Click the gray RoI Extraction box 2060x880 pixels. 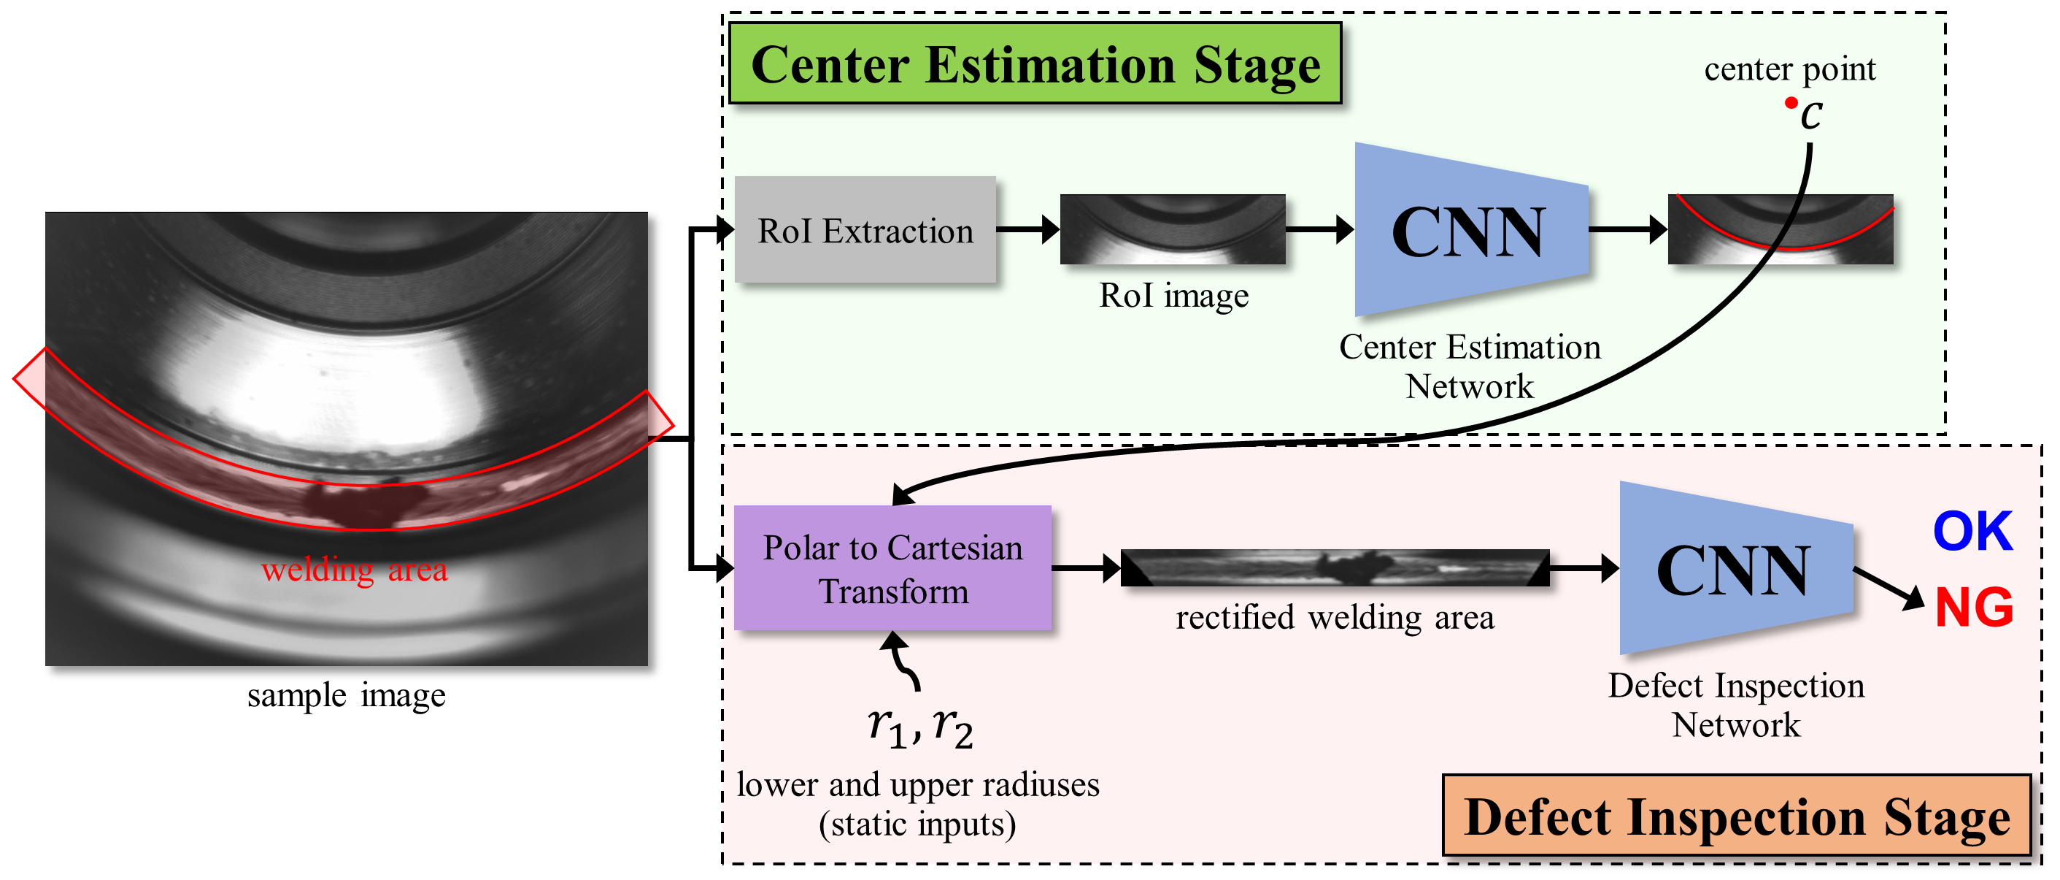coord(865,230)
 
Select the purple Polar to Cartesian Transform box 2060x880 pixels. coord(892,569)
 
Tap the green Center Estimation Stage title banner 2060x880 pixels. coord(1035,64)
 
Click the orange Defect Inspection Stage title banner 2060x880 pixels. coord(1736,816)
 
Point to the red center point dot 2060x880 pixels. coord(1791,102)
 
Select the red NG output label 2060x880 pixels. coord(1974,608)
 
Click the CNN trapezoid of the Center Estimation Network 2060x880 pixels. coord(1470,230)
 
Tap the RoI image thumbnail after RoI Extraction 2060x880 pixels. coord(1173,229)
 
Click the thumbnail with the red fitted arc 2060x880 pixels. coord(1780,229)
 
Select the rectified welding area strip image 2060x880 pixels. coord(1335,568)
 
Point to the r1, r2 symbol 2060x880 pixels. coord(920,727)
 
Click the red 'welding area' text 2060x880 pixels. coord(354,570)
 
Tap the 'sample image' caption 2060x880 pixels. coord(347,695)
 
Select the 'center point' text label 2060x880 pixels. coord(1790,69)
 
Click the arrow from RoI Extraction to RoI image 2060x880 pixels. coord(1027,230)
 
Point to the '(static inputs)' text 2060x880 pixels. coord(917,824)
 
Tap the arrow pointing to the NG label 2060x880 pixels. coord(1889,589)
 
